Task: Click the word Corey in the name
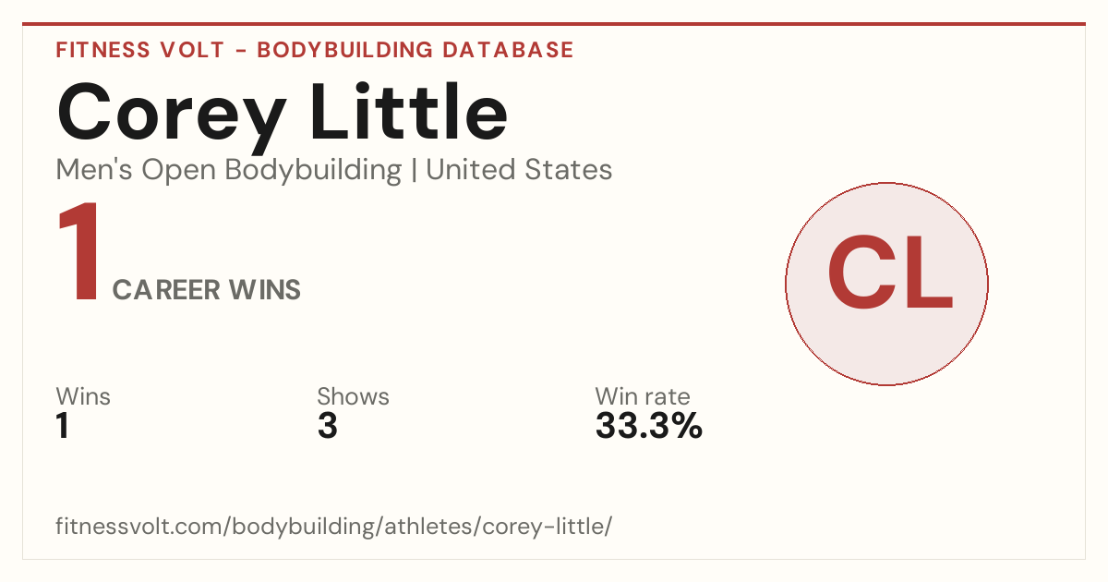(172, 118)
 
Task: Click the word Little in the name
(408, 111)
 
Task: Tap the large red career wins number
(79, 251)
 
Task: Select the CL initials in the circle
(890, 273)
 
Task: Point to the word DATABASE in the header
(508, 50)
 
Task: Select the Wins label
(83, 396)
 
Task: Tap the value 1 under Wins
(63, 426)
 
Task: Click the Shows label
(353, 396)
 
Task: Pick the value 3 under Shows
(328, 426)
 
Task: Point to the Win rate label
(643, 396)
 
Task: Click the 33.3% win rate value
(649, 426)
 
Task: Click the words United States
(519, 170)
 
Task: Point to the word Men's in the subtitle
(94, 170)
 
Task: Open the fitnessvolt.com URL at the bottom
(334, 526)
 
